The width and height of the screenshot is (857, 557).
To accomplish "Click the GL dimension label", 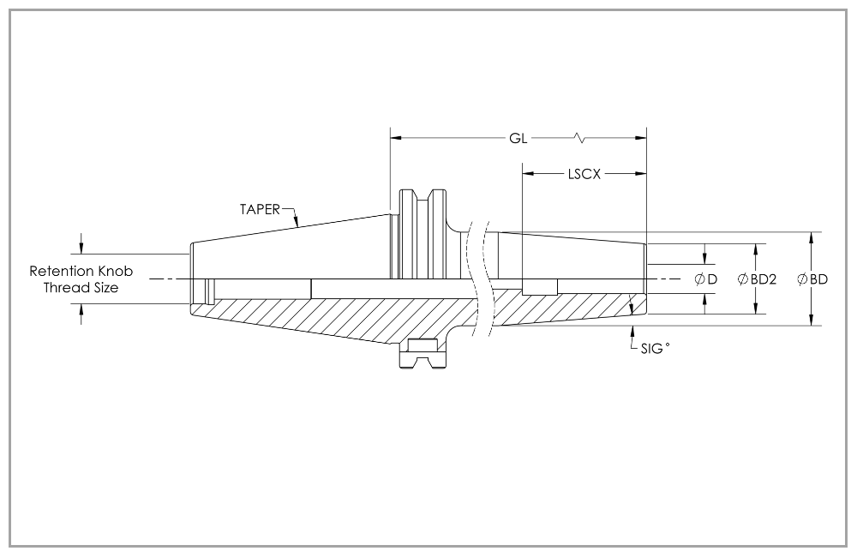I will click(x=518, y=138).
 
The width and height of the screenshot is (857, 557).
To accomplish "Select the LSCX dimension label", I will click(x=584, y=173).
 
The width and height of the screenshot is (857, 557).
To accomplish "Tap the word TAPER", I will click(x=260, y=208).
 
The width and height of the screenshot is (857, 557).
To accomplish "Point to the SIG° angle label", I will click(x=655, y=349).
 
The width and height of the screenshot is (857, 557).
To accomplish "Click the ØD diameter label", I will click(x=705, y=279).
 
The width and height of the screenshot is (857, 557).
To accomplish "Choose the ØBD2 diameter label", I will click(x=757, y=279).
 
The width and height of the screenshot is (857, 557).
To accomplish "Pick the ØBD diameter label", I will click(x=812, y=279).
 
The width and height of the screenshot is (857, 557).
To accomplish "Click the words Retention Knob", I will click(x=81, y=271).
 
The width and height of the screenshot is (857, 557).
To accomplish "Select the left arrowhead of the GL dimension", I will click(x=396, y=138).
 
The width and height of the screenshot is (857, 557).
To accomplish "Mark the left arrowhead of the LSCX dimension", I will click(x=528, y=173).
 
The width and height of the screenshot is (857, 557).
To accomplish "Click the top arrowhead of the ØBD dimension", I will click(x=812, y=237).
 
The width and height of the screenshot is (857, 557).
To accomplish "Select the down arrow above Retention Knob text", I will click(x=82, y=248).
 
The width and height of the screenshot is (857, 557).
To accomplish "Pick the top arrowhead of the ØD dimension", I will click(x=705, y=259).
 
